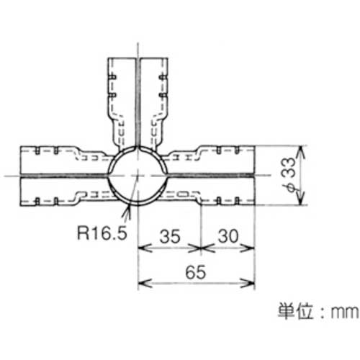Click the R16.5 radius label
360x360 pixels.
click(x=102, y=233)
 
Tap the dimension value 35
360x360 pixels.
click(x=170, y=236)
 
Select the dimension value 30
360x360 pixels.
click(x=228, y=236)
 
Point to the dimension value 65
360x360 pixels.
click(x=196, y=272)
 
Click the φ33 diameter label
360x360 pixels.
click(x=289, y=175)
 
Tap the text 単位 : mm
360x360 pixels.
click(x=318, y=312)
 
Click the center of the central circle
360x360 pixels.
click(x=138, y=175)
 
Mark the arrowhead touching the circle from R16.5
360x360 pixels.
click(x=128, y=211)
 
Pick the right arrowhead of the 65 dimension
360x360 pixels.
click(x=248, y=284)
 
